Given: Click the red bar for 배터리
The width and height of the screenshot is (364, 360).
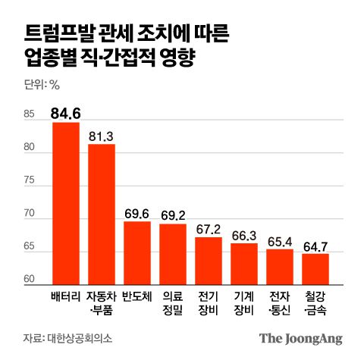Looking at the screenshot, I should click(65, 202).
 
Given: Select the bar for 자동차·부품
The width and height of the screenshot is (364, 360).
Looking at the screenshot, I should click(102, 212).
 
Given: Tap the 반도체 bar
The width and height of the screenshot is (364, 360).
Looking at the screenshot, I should click(137, 252).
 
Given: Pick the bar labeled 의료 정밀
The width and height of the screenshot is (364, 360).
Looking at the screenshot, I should click(173, 252).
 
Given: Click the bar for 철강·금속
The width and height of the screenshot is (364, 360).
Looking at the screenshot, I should click(316, 268).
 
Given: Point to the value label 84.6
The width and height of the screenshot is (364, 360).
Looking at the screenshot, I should click(65, 114).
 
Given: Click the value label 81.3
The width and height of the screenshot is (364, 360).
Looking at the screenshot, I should click(102, 136).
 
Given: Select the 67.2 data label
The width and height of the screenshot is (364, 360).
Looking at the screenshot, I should click(209, 229).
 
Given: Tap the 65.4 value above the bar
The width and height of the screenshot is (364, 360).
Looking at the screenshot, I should click(280, 241).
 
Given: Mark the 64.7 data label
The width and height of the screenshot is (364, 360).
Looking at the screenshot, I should click(316, 246).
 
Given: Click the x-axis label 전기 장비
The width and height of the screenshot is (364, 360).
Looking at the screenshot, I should click(209, 301).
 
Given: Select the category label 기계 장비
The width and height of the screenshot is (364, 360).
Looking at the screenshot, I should click(244, 301).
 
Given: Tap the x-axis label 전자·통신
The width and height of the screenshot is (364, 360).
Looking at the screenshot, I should click(280, 301).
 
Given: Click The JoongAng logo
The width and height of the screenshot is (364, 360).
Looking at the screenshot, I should click(301, 338).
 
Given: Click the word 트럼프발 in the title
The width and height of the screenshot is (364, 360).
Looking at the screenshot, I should click(54, 33).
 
